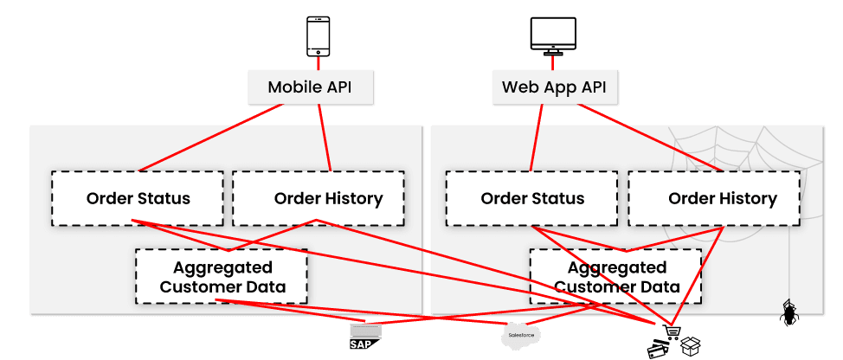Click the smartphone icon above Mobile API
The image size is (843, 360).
coord(319,36)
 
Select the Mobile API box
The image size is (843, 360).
coord(309,87)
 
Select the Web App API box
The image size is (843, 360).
coord(554,87)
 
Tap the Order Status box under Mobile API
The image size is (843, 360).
coord(138,198)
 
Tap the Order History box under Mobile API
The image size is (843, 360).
coord(319,198)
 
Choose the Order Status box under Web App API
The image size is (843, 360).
coord(532,198)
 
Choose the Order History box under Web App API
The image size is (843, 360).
coord(713,198)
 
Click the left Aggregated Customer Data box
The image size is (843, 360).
coord(222,276)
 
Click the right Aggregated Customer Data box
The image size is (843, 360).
coord(615,276)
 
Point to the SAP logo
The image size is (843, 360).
coord(364,337)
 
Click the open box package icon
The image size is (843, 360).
coord(690,347)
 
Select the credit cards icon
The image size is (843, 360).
coord(660,349)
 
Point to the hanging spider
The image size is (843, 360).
coord(788,313)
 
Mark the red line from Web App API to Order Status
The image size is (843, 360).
coord(537,138)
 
